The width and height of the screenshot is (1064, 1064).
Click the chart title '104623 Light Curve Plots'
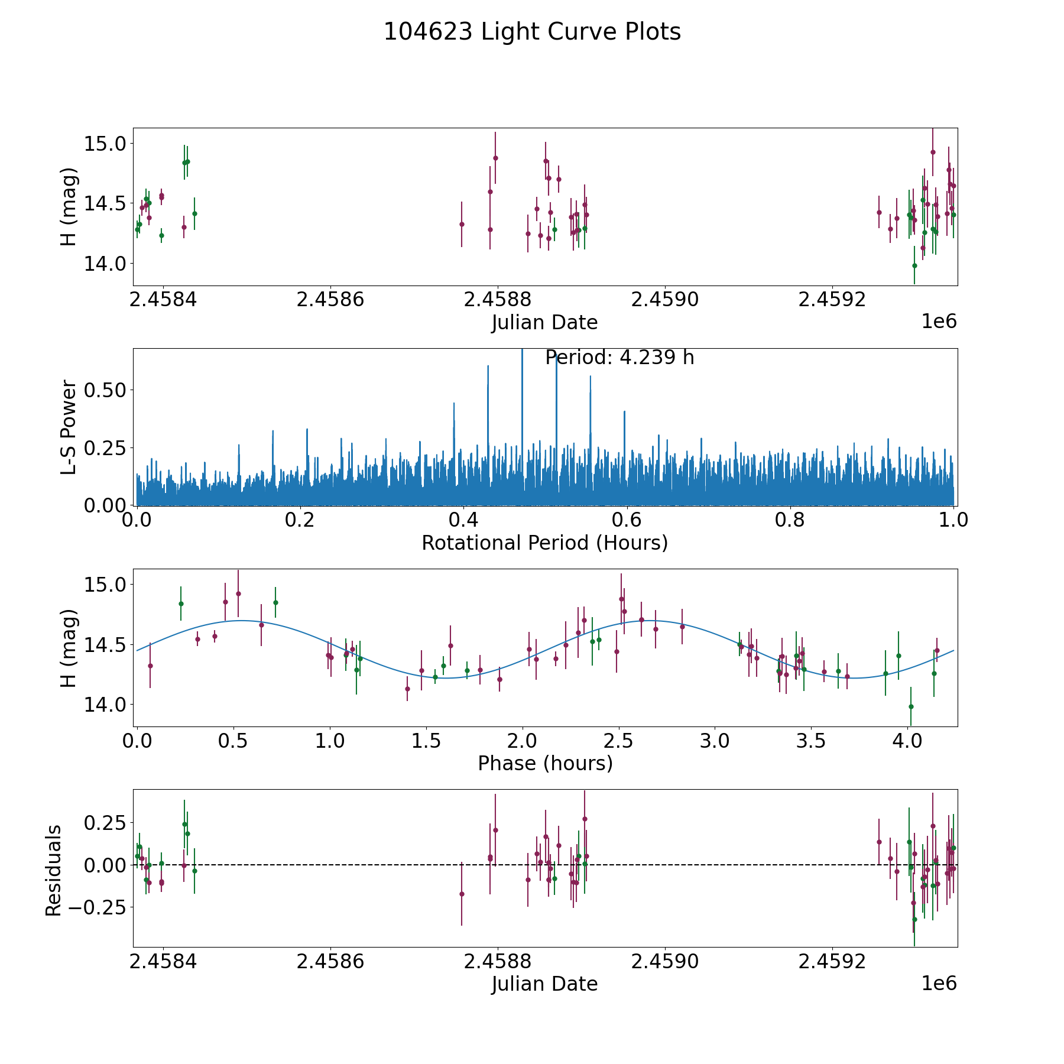coord(532,32)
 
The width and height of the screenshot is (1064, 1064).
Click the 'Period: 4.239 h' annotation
coord(619,358)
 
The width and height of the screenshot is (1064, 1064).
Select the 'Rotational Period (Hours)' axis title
coord(544,543)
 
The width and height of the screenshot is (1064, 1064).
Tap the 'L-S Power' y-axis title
coord(69,427)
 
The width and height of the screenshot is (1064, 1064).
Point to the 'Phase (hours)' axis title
coord(545,763)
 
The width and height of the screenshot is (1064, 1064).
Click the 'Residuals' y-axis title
coord(54,870)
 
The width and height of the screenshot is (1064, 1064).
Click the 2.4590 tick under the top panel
coord(665,300)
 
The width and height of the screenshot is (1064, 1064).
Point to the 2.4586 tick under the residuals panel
coord(330,961)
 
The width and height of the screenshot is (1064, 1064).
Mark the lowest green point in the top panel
coord(914,265)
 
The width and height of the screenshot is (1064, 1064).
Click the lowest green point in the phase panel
coord(911,706)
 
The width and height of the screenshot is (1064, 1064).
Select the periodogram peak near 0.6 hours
coord(624,412)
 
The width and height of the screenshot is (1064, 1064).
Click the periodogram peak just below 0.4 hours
coord(454,404)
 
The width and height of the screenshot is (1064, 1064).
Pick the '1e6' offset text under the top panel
coord(939,322)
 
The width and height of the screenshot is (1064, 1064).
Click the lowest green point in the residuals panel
coord(914,919)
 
